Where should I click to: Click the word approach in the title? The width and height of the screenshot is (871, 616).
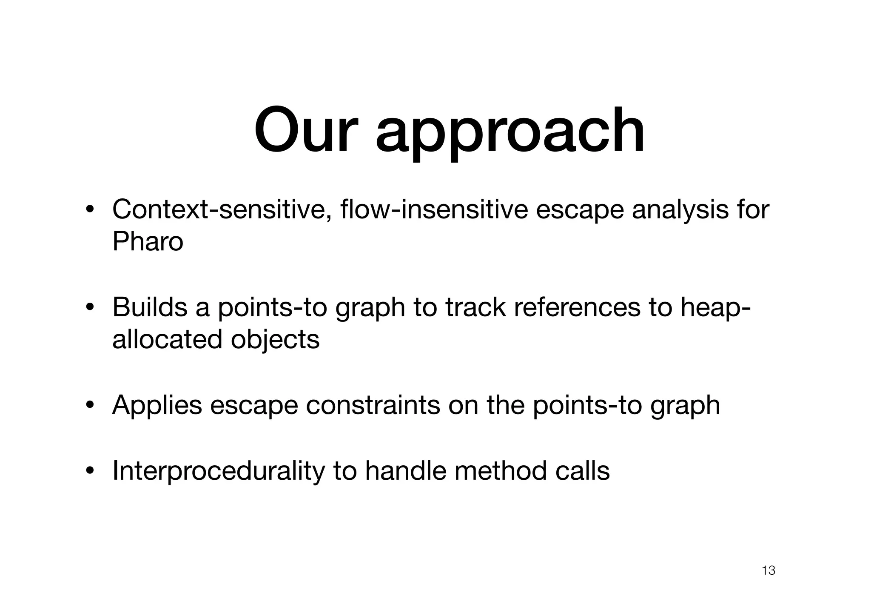click(510, 132)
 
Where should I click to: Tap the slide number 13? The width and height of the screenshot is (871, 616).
click(769, 570)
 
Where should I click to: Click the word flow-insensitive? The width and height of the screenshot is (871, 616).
click(434, 209)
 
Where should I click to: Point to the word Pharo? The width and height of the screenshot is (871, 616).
click(148, 242)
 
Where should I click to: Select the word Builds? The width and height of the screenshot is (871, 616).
click(150, 307)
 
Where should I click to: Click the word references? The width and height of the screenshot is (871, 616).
click(577, 307)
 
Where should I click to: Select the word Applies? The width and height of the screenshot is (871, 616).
click(157, 405)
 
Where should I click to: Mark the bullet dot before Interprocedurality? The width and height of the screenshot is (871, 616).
click(89, 471)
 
